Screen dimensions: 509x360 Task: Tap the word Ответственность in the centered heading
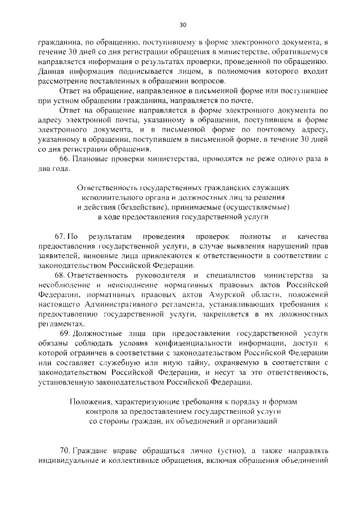106,186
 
